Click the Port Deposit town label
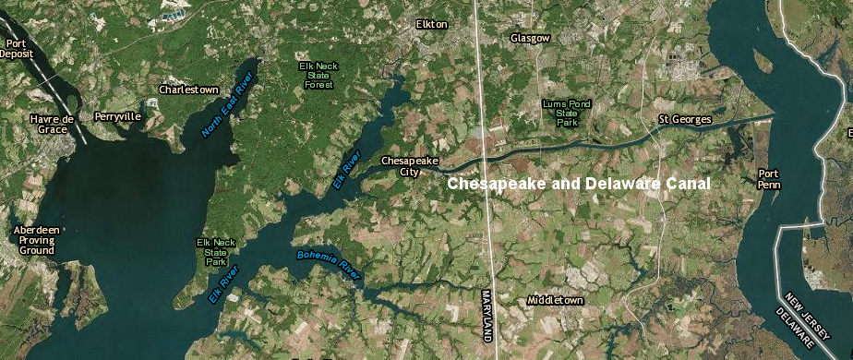17,48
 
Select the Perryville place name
117,117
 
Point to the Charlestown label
188,90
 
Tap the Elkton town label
431,24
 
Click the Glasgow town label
530,38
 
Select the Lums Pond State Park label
567,113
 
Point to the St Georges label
684,120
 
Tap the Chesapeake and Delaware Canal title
579,184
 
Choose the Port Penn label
768,178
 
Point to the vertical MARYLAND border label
487,314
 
